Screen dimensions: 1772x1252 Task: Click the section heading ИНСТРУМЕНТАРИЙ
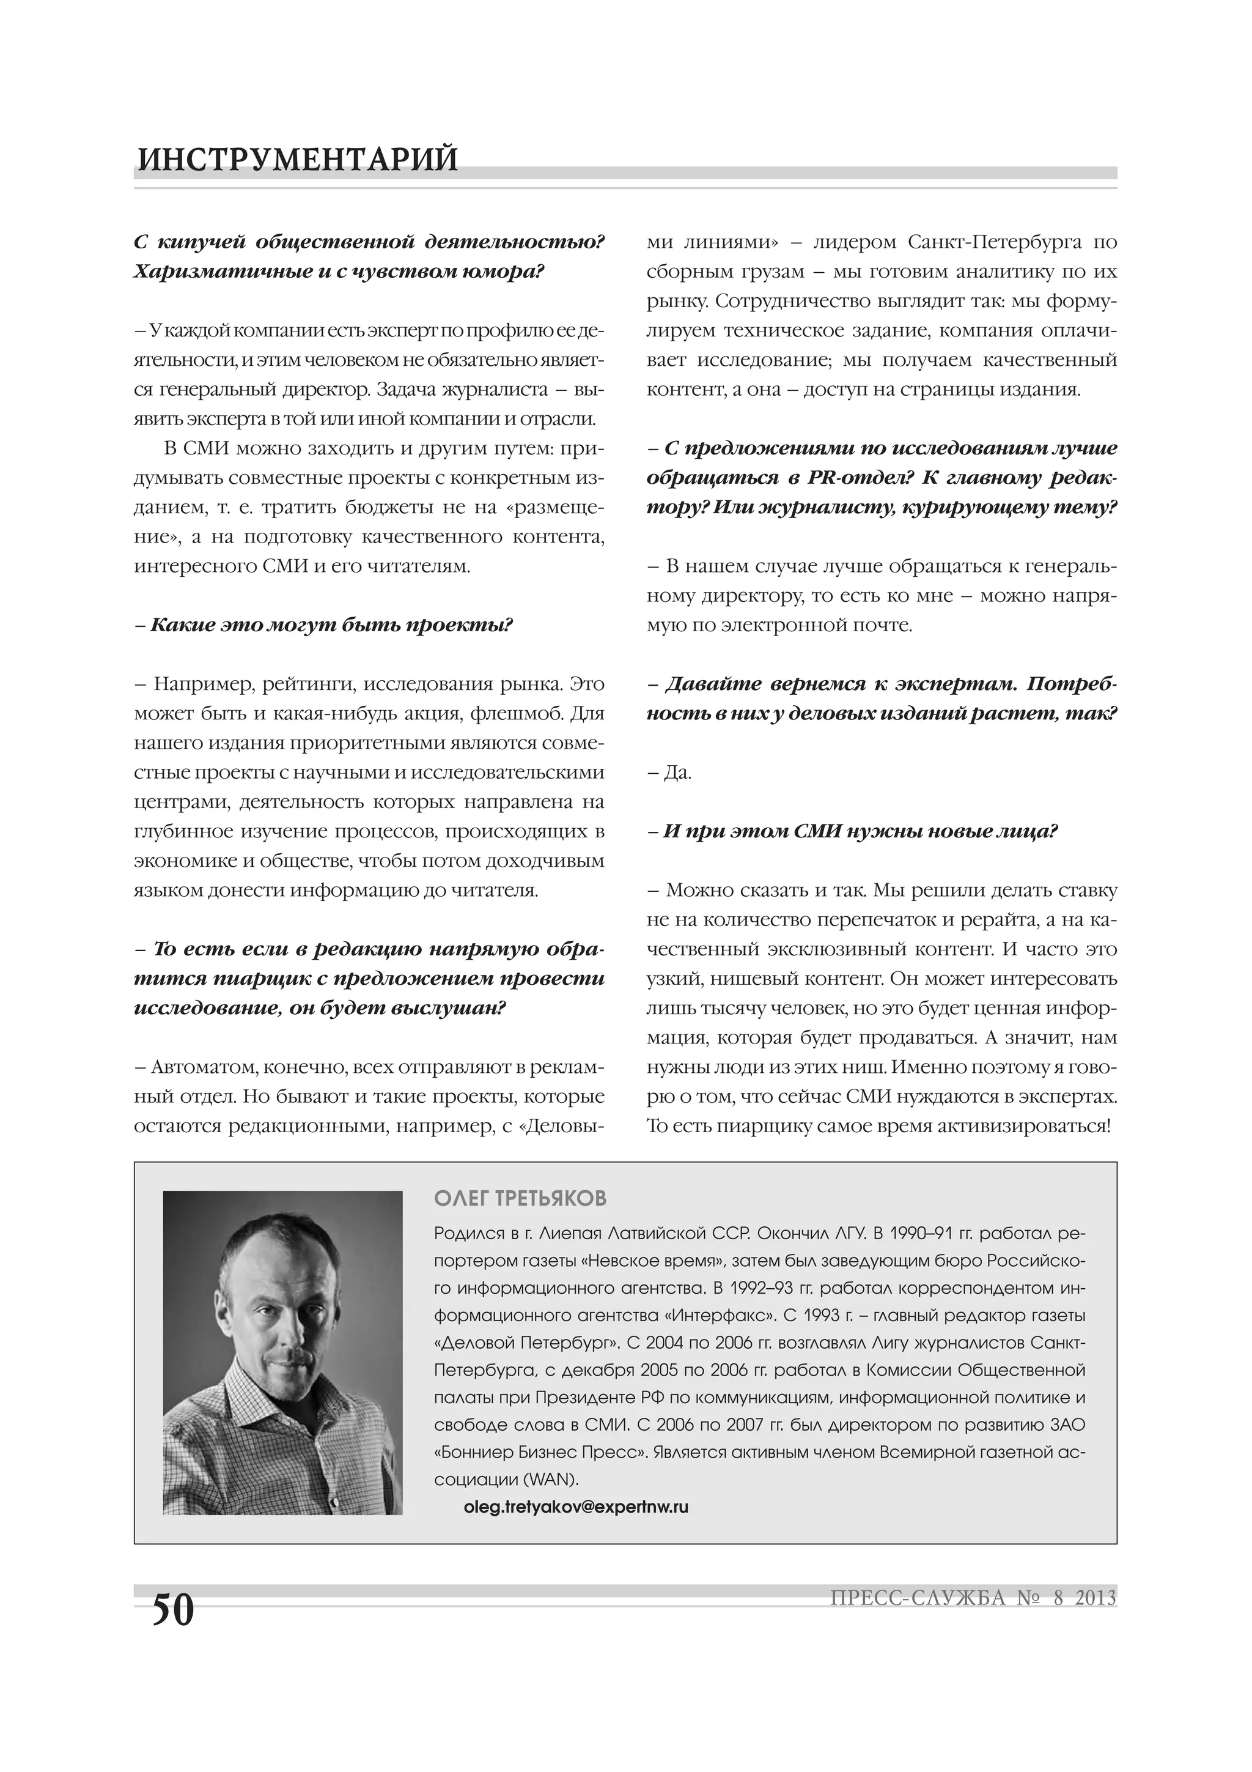click(297, 159)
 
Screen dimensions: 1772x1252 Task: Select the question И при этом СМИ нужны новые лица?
click(852, 831)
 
